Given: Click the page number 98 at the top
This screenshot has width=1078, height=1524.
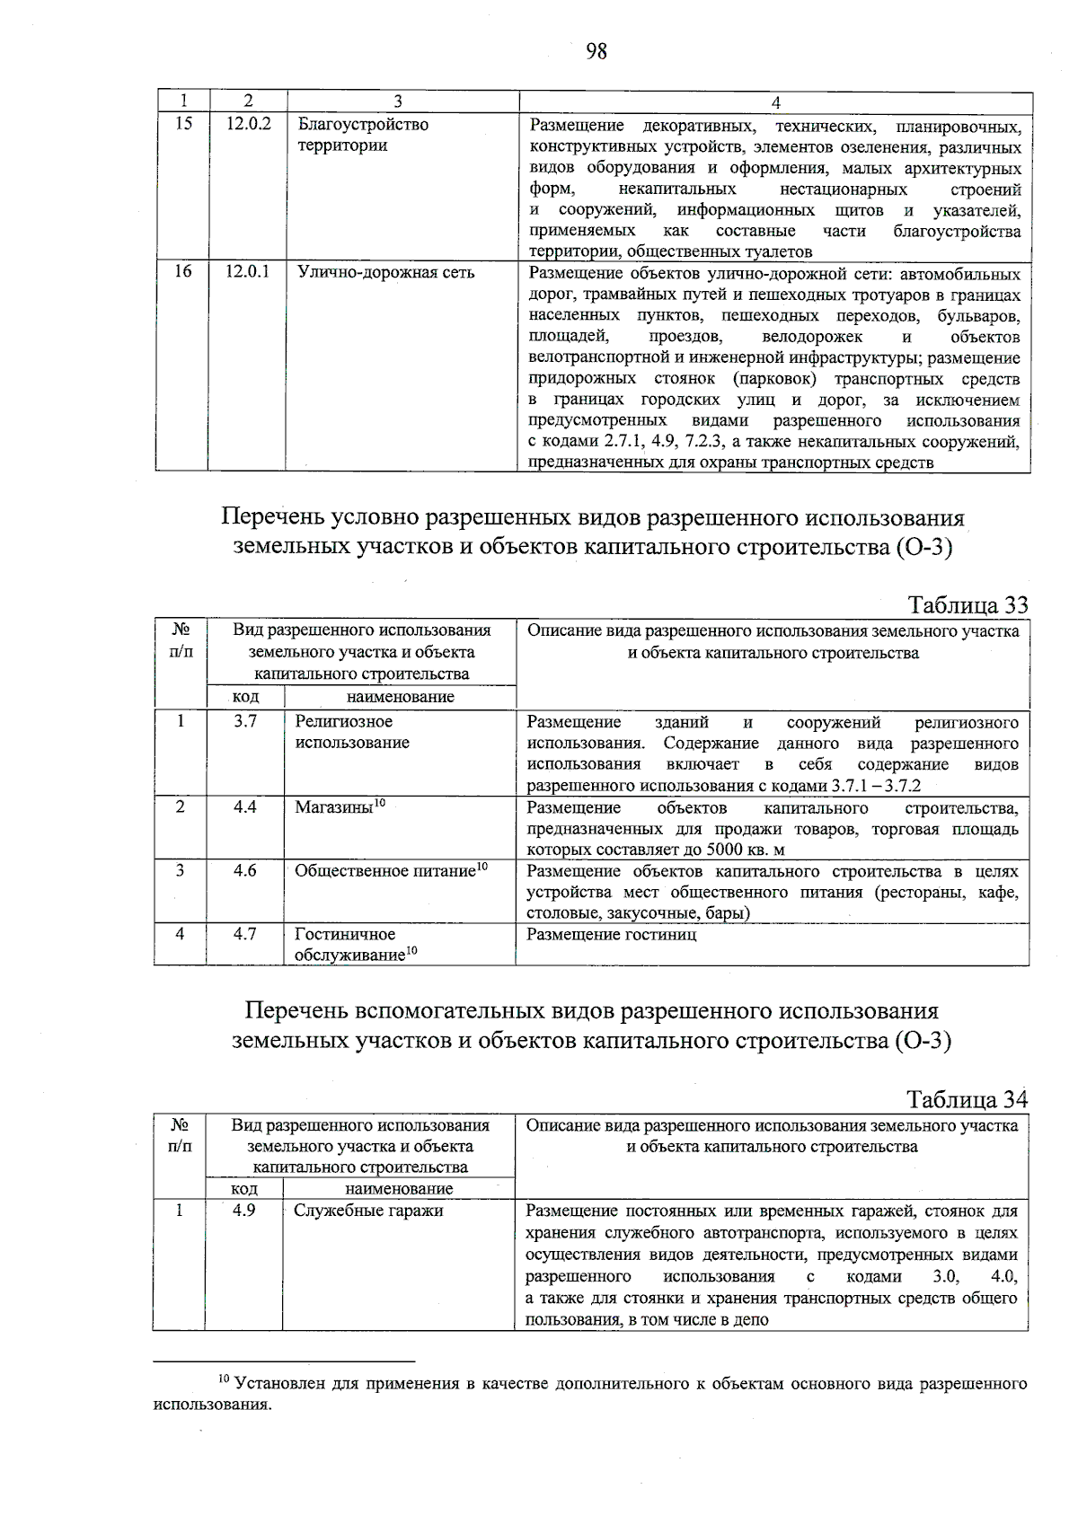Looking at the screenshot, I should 596,52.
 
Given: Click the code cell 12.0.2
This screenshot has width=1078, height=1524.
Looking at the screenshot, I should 248,124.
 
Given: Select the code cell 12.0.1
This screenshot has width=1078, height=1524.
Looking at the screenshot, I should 248,271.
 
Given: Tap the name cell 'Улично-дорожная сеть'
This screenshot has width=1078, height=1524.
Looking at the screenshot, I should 385,272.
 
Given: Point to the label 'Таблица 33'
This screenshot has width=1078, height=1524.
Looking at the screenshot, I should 968,604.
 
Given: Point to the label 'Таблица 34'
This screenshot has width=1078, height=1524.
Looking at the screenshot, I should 967,1099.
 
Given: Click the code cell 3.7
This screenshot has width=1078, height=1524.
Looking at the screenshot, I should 245,721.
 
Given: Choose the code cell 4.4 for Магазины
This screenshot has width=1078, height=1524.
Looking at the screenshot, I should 245,806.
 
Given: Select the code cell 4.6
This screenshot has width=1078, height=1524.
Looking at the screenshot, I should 245,870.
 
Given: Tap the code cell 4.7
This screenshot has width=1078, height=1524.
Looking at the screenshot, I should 245,934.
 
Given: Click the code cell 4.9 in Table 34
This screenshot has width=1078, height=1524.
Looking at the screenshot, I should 243,1210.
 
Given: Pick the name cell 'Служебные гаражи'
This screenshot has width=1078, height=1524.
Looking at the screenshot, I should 368,1211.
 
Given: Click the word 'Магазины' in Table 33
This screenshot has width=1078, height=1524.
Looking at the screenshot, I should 333,807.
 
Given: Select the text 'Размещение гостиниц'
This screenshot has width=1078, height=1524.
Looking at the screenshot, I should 611,935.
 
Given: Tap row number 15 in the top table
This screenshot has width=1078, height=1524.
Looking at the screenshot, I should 182,124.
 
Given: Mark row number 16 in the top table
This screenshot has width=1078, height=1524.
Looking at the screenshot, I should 182,271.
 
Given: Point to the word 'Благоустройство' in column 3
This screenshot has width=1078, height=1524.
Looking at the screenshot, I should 363,124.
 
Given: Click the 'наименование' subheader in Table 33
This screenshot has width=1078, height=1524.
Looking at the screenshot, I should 400,697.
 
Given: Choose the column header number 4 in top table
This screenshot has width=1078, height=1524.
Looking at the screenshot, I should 776,102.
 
